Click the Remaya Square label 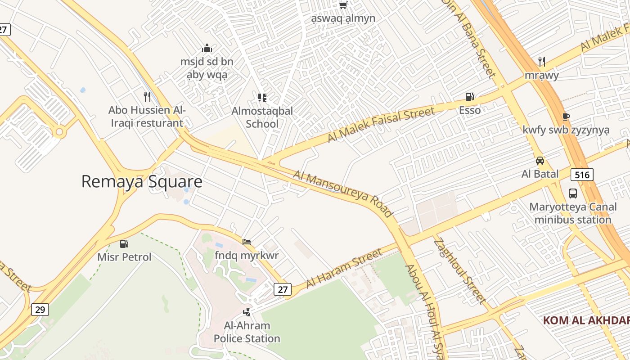coord(142,182)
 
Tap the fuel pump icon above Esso coord(469,97)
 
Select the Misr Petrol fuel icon coord(124,244)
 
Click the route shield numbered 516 coord(582,174)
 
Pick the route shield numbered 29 coord(40,310)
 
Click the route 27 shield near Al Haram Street coord(283,289)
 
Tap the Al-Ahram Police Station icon coord(247,311)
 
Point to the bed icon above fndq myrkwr coord(247,242)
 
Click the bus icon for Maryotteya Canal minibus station coord(572,193)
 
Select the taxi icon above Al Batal coord(540,160)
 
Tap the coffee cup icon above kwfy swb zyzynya coord(566,117)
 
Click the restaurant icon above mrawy coord(542,61)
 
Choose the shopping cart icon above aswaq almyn coord(343,5)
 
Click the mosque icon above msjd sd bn coord(207,48)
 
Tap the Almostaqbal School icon coord(262,97)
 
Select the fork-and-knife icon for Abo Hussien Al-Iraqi coord(147,96)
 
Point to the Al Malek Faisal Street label coord(381,125)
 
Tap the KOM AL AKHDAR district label coord(586,320)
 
